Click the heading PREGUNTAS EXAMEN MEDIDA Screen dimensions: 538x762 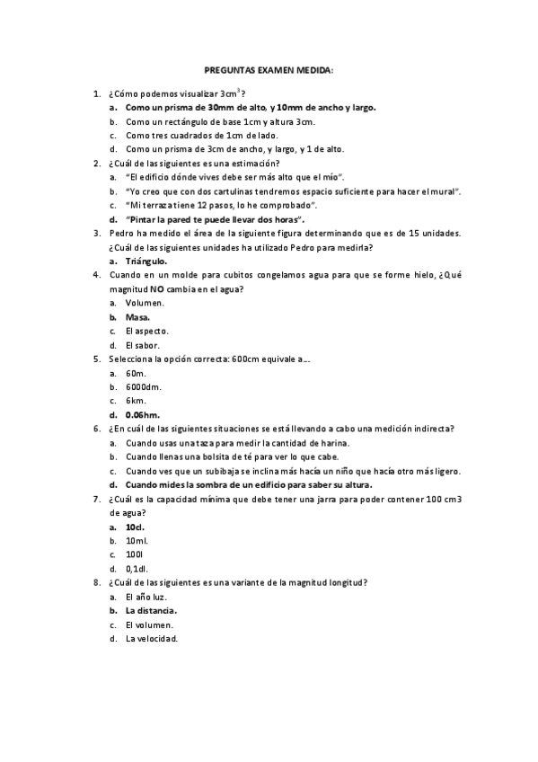coord(269,69)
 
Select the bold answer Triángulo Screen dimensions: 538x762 coord(146,261)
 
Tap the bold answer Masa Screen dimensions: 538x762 coord(137,317)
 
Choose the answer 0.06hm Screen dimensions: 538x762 coord(143,414)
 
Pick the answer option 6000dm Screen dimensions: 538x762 coord(143,386)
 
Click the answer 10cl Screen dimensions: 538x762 coord(135,527)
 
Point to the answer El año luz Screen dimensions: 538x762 coord(146,597)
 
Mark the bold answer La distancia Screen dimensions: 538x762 coord(151,610)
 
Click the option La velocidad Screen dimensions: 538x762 coord(152,639)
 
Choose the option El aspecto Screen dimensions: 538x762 coord(147,331)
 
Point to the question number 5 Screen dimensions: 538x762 coord(97,359)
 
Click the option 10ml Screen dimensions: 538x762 coord(137,541)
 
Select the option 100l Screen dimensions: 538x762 coord(135,554)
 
